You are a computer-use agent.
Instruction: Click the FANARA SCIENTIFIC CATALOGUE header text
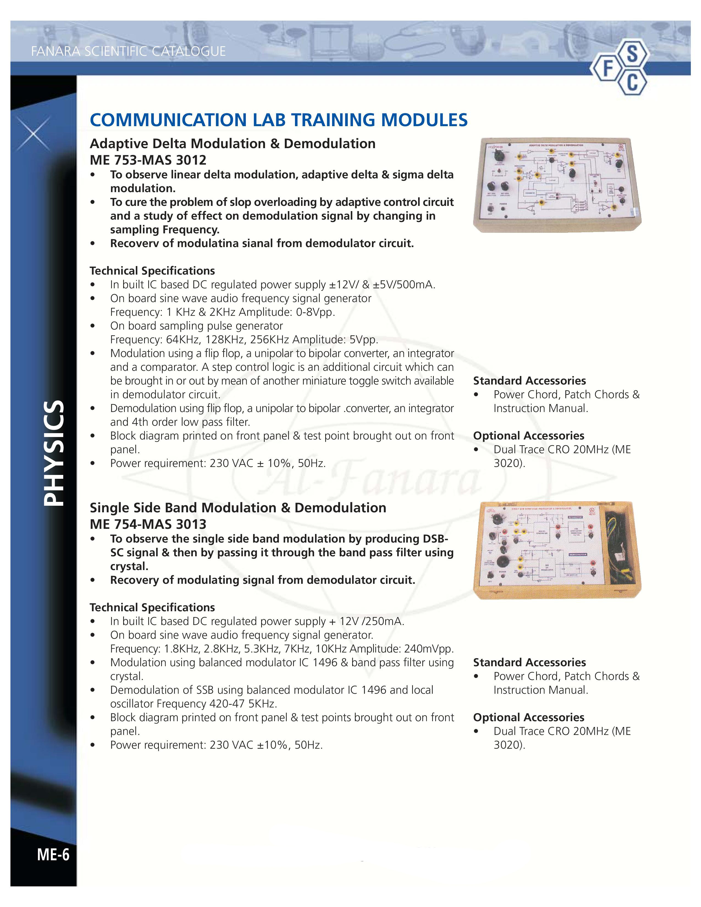(128, 51)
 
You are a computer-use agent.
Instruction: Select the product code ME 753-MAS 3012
(148, 160)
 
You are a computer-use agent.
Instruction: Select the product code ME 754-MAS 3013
(148, 524)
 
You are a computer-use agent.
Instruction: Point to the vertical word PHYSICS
(54, 453)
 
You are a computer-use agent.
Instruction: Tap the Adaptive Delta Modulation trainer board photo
(557, 184)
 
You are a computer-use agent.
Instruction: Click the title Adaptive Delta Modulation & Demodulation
(233, 144)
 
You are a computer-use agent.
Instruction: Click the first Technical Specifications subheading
(152, 271)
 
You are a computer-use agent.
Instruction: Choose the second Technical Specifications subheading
(152, 608)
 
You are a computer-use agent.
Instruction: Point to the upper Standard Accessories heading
(529, 381)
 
